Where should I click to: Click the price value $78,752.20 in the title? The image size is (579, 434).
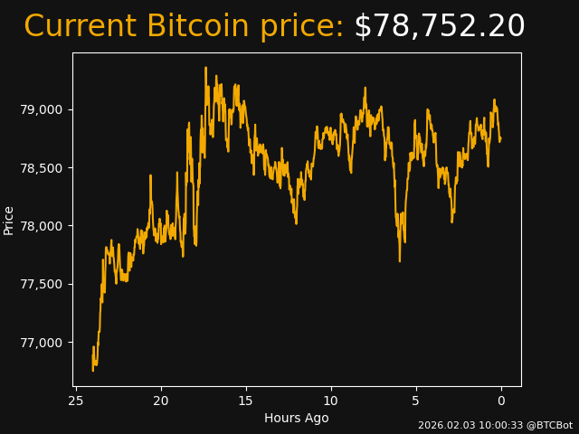coord(440,27)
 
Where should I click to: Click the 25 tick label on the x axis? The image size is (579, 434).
coord(76,401)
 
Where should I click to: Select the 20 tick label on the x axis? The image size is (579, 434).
coord(161,401)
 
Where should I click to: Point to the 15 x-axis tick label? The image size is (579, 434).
coord(246,401)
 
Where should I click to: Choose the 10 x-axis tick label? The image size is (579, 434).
coord(331,401)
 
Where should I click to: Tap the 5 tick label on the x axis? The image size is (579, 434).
coord(416,401)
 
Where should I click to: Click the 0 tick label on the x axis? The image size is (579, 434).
coord(501,401)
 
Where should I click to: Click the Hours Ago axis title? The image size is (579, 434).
coord(297,418)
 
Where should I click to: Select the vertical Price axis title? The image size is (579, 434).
coord(9,220)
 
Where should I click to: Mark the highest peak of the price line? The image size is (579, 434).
coord(205,67)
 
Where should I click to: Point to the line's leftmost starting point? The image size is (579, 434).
coord(93,370)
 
